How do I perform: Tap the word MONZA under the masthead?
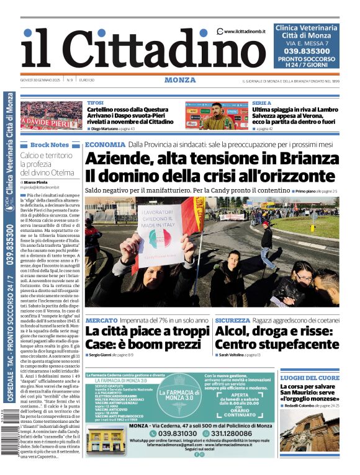pos(180,80)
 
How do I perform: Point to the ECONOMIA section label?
pos(105,144)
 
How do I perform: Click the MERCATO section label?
pos(101,321)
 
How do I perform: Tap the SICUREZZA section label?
pos(233,321)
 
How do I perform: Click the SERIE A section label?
pos(261,103)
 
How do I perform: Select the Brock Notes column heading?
pos(49,144)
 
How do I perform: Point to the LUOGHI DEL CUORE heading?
pos(310,378)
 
